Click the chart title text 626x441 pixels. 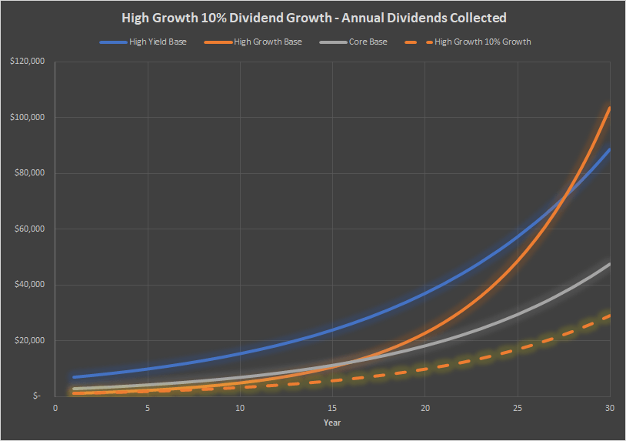click(x=314, y=17)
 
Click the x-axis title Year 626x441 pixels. click(x=332, y=423)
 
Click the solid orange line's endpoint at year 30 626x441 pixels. click(x=610, y=107)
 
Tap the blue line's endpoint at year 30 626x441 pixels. click(x=610, y=149)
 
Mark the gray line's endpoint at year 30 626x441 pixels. click(x=610, y=264)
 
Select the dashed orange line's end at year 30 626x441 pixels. click(x=610, y=315)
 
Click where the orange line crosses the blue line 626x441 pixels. click(x=564, y=199)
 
